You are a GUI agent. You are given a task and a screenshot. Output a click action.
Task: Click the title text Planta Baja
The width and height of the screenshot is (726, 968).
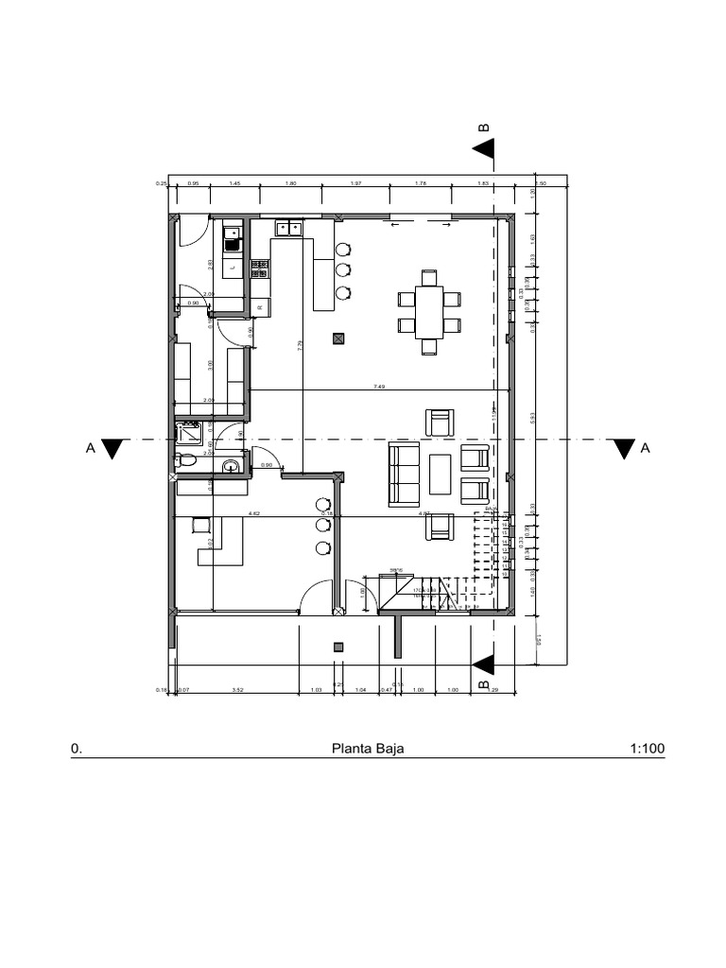click(368, 749)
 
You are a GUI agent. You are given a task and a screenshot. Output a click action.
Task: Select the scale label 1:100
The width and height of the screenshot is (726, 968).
click(647, 749)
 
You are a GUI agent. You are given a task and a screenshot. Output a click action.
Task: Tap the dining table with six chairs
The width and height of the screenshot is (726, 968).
click(430, 312)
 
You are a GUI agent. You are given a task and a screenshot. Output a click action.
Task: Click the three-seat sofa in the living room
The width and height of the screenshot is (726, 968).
click(406, 473)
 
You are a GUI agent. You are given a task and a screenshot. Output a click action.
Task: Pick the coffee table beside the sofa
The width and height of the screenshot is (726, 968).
click(441, 475)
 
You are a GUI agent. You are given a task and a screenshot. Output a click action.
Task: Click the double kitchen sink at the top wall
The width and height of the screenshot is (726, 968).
click(289, 228)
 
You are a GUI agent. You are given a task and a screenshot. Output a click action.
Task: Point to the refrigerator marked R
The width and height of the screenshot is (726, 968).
click(260, 306)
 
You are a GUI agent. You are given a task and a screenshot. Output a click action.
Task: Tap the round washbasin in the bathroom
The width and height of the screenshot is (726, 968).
click(231, 466)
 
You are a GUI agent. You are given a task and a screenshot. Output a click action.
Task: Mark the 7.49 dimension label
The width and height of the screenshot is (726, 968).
click(379, 387)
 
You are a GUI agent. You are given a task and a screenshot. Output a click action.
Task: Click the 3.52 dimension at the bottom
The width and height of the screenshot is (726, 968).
click(238, 690)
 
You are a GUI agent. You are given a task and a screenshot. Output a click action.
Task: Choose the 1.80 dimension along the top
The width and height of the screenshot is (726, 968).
click(291, 183)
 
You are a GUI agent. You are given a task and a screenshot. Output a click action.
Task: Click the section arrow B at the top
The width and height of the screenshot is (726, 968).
click(485, 147)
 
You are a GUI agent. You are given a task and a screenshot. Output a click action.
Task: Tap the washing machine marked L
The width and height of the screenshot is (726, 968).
click(233, 268)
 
